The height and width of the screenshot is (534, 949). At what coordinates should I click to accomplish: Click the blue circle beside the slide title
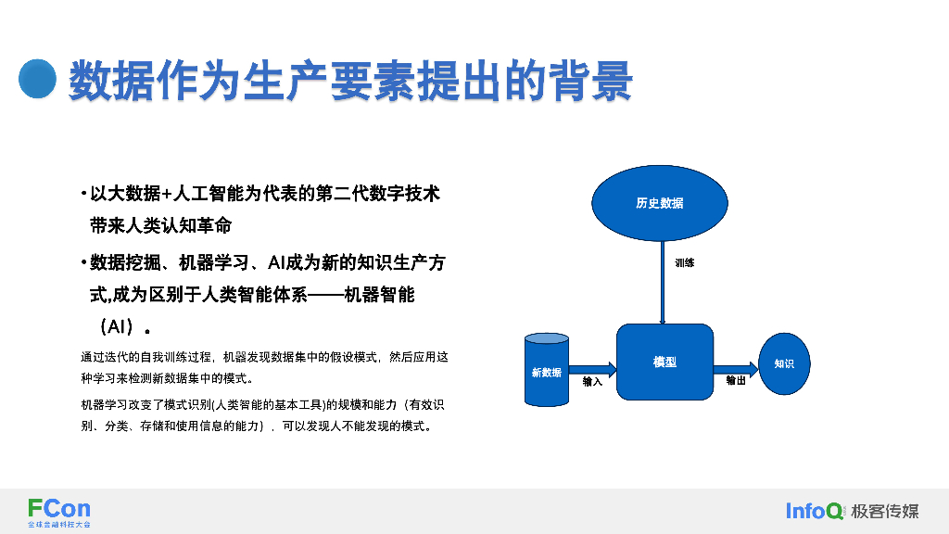(38, 79)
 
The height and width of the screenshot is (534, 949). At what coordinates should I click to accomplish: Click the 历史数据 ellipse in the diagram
(660, 203)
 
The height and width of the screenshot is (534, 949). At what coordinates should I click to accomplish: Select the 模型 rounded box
(664, 362)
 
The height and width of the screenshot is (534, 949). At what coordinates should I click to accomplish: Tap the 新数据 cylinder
(547, 371)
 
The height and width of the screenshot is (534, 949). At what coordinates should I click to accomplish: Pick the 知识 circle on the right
(784, 363)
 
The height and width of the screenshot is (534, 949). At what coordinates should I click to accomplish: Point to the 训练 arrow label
(685, 263)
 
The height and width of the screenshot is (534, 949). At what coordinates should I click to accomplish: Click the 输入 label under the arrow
(592, 381)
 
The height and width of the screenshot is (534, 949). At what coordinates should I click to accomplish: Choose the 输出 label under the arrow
(736, 381)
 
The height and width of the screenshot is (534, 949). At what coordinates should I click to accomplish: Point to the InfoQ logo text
(815, 511)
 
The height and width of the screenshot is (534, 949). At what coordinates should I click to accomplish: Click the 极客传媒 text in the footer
(885, 511)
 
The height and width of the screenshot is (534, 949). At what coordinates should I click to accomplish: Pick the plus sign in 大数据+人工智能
(167, 195)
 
